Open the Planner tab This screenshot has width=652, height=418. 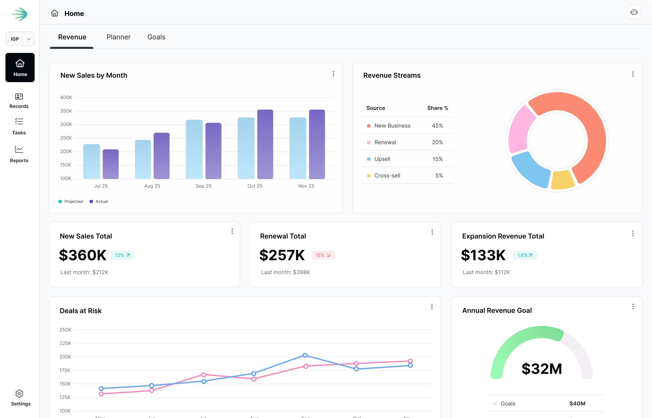click(x=119, y=37)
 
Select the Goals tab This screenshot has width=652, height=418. click(x=156, y=37)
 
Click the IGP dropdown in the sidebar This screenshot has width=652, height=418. click(x=20, y=39)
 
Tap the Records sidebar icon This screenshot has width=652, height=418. click(x=19, y=97)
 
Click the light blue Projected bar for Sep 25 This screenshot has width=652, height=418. click(x=194, y=149)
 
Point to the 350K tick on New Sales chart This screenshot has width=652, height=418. click(x=66, y=111)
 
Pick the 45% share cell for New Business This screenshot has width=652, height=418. click(x=437, y=126)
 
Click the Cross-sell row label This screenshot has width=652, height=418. click(x=387, y=176)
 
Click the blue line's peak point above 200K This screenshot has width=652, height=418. click(x=305, y=355)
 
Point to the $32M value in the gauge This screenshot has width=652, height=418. click(x=541, y=369)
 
